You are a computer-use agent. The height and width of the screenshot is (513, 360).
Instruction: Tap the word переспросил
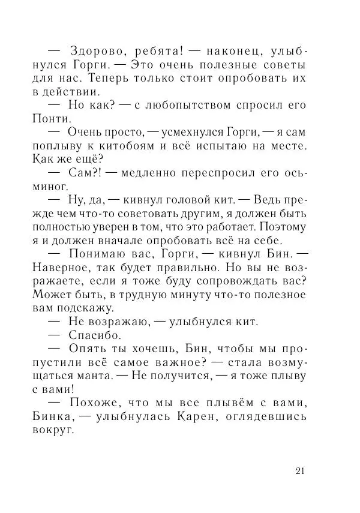pos(191,174)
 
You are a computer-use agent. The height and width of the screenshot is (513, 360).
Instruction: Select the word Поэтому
pos(282,229)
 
